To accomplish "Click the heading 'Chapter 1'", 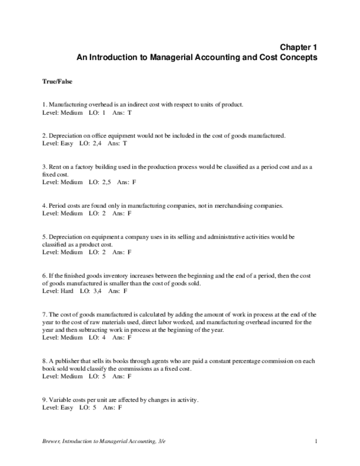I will point(298,47).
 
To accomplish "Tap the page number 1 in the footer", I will point(317,441).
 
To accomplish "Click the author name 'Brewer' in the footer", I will point(52,441).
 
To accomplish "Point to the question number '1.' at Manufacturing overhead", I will point(45,104).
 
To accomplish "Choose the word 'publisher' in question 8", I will point(67,361).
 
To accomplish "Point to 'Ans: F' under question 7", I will point(122,338).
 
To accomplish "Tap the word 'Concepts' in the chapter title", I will point(298,57).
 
